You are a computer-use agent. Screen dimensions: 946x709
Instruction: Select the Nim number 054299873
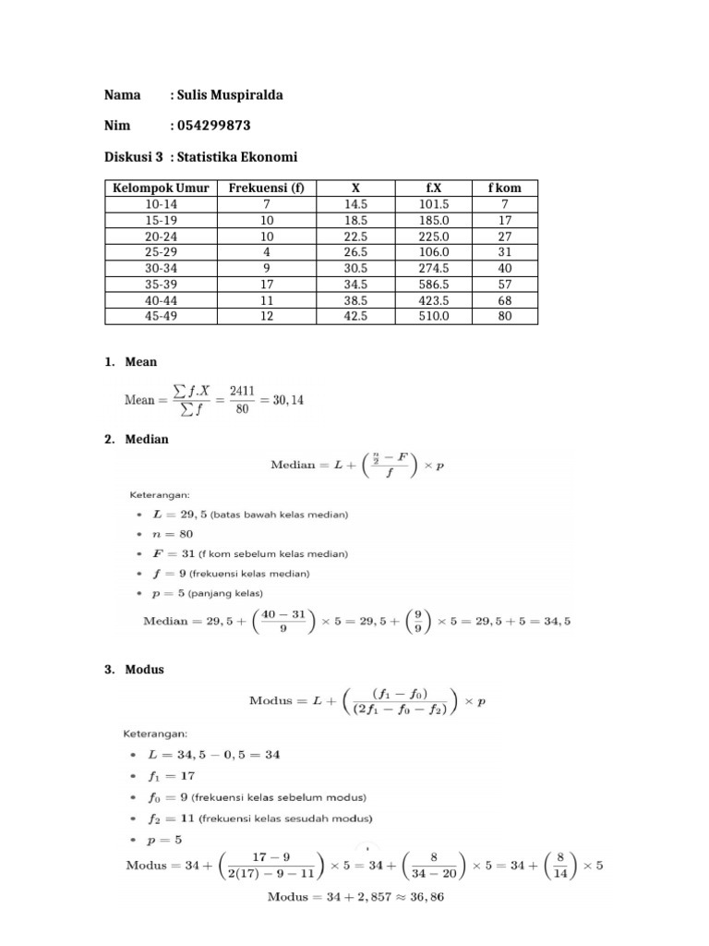pyautogui.click(x=214, y=126)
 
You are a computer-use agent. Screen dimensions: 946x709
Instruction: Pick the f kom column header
pyautogui.click(x=504, y=188)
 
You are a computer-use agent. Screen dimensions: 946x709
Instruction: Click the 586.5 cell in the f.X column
pyautogui.click(x=433, y=284)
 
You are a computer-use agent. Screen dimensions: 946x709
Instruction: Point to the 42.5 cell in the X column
pyautogui.click(x=355, y=316)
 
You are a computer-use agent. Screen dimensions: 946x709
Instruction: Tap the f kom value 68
pyautogui.click(x=504, y=300)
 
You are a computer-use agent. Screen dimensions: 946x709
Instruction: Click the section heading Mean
pyautogui.click(x=141, y=362)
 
